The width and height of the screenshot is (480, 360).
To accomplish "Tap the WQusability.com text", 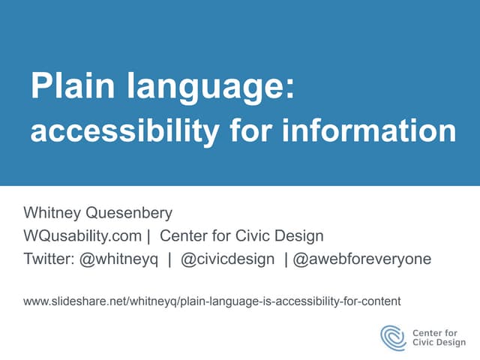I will tap(82, 236).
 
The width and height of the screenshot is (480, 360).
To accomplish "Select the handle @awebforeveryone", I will tap(362, 259).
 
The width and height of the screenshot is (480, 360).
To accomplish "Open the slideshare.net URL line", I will tap(212, 301).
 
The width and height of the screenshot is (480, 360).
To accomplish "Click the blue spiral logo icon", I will tap(394, 337).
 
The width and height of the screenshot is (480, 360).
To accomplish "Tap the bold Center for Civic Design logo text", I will tap(439, 337).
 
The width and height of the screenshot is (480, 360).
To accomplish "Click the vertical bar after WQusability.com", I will tap(148, 236).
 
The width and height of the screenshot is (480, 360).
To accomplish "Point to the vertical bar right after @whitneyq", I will tap(170, 259).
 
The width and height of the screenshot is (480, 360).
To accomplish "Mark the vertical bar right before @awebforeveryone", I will tap(286, 259).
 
